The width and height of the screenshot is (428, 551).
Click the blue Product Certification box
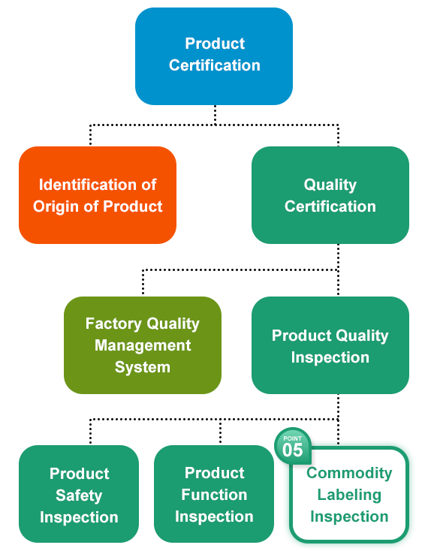[x=214, y=56]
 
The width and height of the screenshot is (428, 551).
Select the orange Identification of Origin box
[x=98, y=195]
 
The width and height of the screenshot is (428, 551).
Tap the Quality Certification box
[x=330, y=195]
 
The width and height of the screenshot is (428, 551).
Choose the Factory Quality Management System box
[x=143, y=345]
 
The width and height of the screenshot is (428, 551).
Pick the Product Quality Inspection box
[x=330, y=345]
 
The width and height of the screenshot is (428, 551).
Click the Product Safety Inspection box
[x=79, y=494]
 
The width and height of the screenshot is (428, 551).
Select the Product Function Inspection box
[x=214, y=494]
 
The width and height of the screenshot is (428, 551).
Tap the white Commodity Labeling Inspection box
[x=349, y=495]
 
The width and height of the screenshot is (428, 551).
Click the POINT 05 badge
[x=293, y=446]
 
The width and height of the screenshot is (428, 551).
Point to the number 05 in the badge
[x=292, y=450]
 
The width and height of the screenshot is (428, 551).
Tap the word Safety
[x=79, y=495]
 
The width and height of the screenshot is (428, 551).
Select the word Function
[x=214, y=495]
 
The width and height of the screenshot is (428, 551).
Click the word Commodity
[x=349, y=474]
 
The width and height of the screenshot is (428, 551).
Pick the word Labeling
[x=349, y=495]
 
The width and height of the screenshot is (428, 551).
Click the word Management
[x=143, y=346]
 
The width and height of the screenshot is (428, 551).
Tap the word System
[x=143, y=368]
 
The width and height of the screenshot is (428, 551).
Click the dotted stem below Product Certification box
[x=215, y=115]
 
